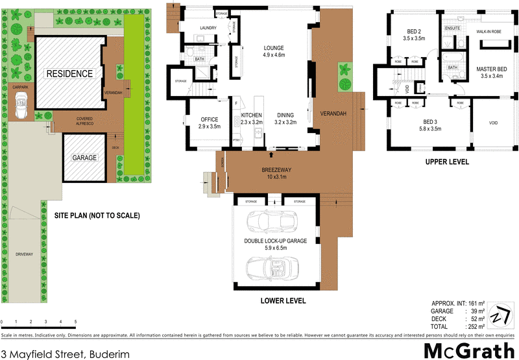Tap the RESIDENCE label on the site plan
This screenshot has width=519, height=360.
coord(69,74)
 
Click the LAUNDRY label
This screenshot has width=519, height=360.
coord(208,27)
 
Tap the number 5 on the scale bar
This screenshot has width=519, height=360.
coord(75,322)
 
